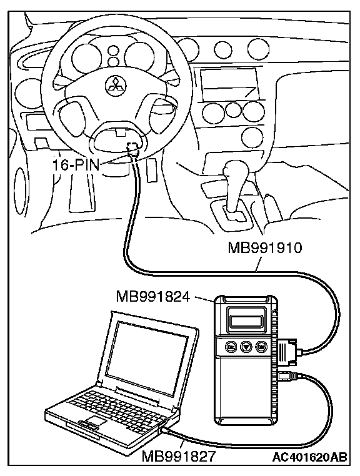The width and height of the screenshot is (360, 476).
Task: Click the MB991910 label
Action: [265, 248]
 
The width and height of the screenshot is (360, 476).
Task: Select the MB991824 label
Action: [153, 297]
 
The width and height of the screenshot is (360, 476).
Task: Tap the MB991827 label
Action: [179, 456]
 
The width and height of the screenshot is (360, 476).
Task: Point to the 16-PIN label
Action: [76, 166]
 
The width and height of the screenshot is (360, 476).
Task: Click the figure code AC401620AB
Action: [309, 455]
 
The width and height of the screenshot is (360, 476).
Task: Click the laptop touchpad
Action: [95, 421]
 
